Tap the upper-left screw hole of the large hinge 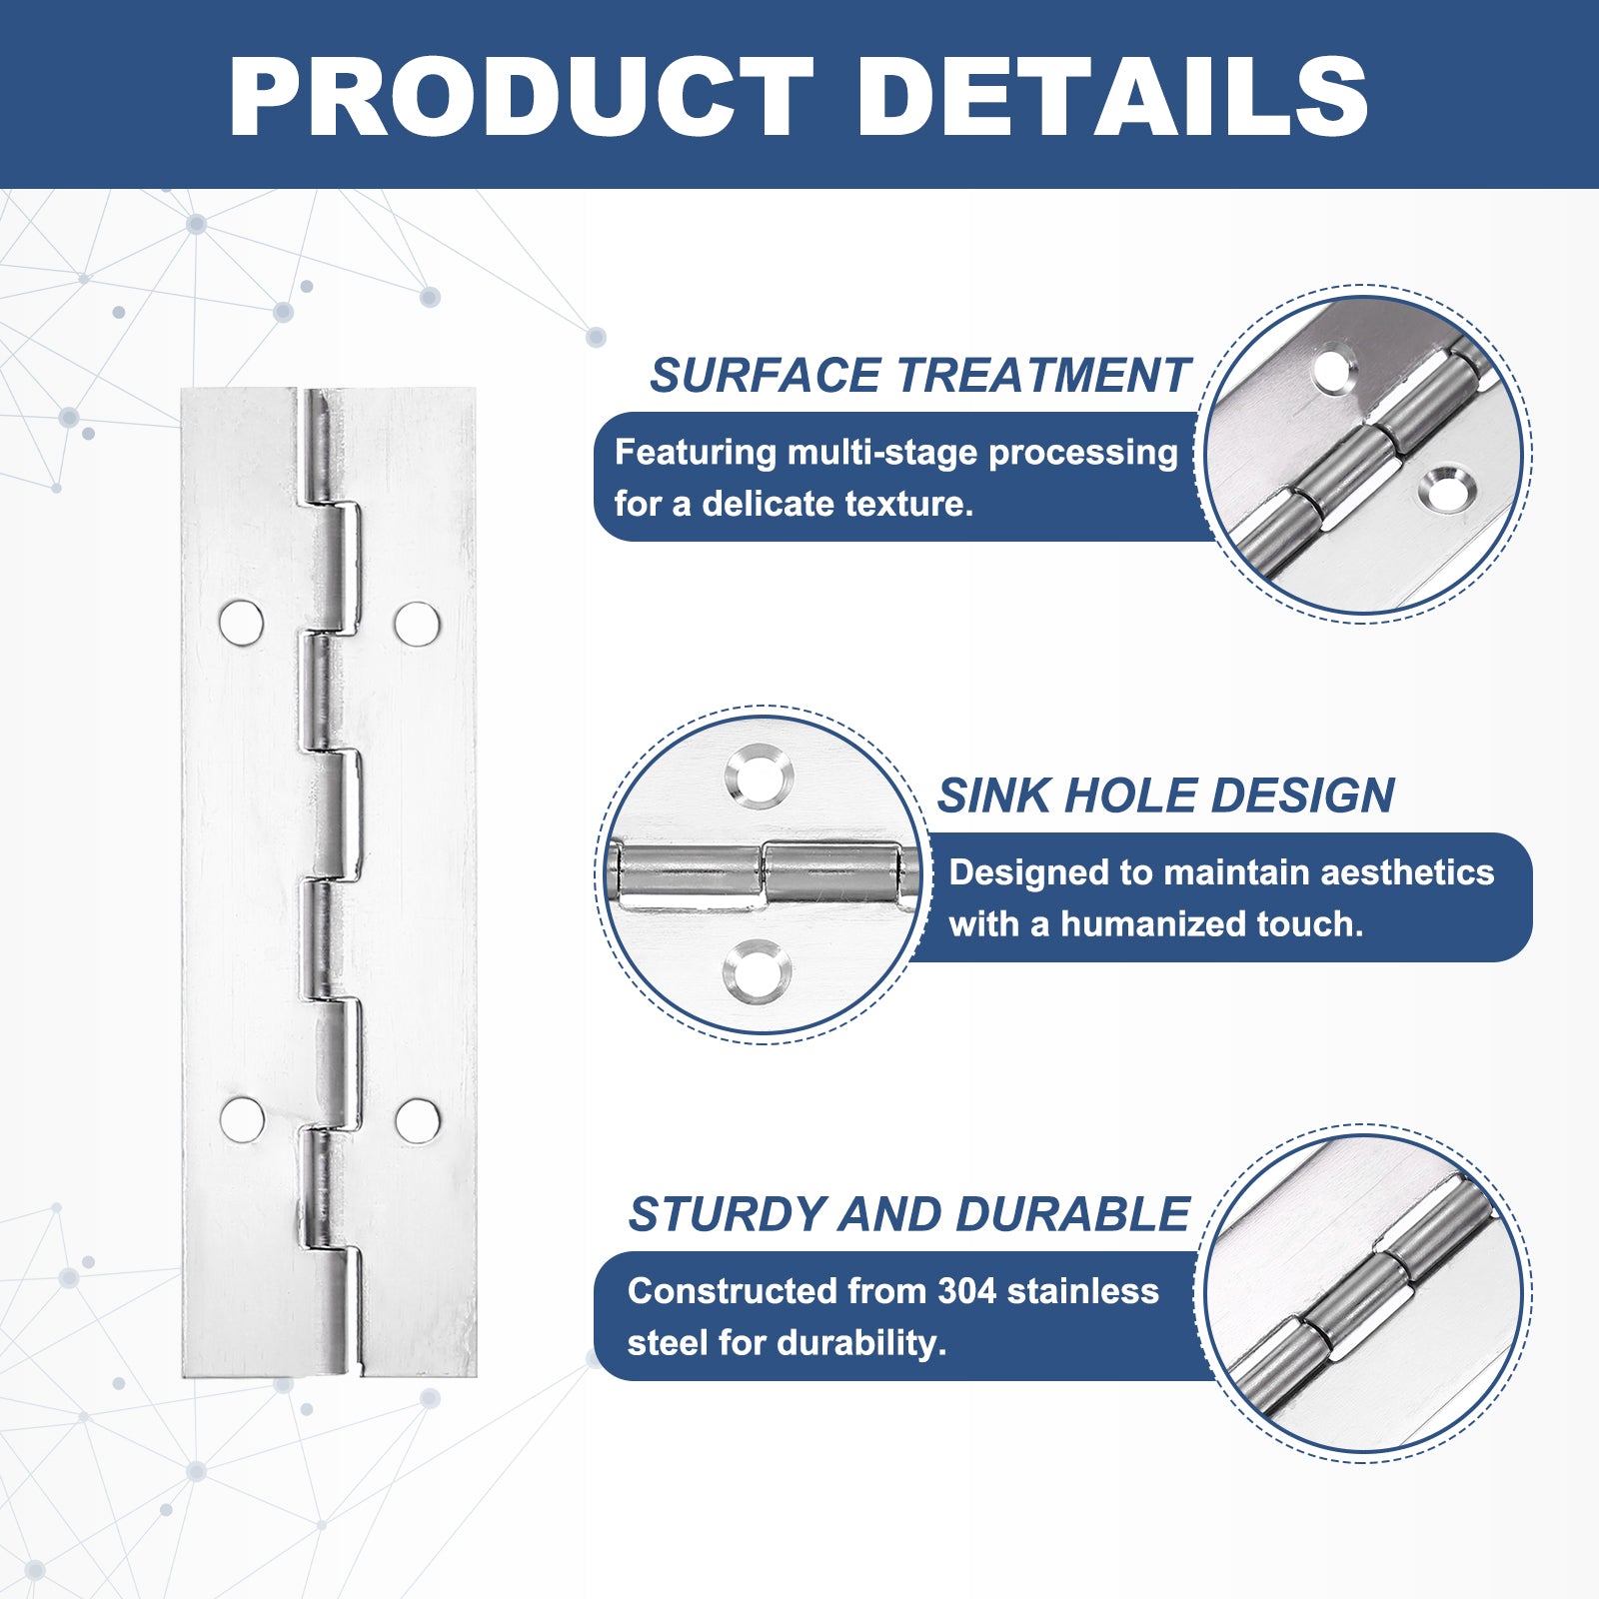pos(241,623)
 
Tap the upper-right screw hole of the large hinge pos(417,623)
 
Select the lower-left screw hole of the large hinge pos(242,1119)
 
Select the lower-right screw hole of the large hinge pos(417,1120)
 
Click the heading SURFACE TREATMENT pos(918,376)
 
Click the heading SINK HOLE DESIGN pos(1165,796)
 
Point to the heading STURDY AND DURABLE pos(908,1214)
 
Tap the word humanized pos(1153,924)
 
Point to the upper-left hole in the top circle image pos(1335,367)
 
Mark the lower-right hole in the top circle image pos(1446,490)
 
